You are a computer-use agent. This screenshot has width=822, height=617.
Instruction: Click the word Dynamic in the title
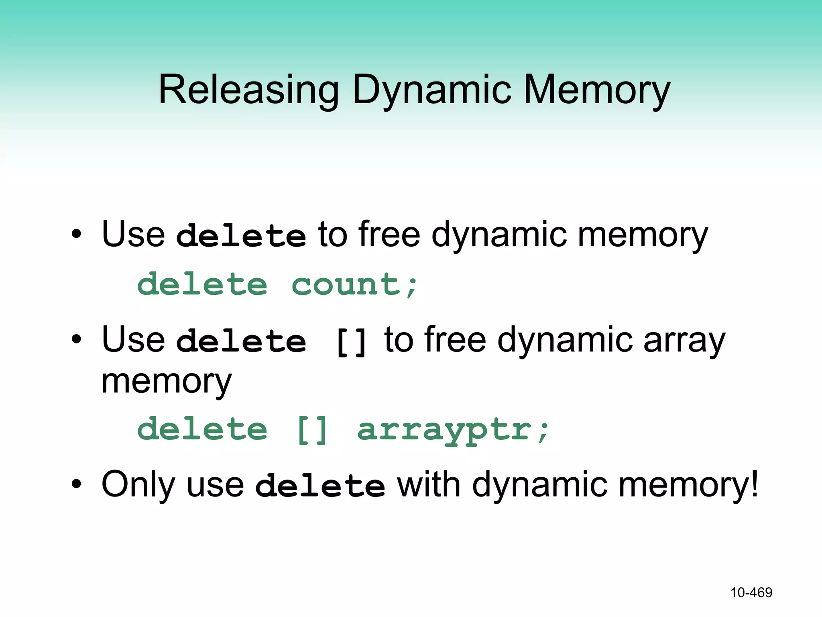tap(432, 90)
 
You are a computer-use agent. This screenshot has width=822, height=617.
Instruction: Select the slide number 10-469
tap(751, 592)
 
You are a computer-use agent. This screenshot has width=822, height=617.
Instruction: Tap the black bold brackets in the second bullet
tap(351, 342)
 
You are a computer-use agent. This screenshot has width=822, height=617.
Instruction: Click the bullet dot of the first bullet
tap(76, 234)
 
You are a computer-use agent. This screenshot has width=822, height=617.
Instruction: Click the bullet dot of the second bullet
tap(76, 340)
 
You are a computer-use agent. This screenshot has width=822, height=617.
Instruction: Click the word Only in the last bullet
tap(138, 484)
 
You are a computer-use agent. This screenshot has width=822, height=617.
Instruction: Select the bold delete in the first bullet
tap(241, 235)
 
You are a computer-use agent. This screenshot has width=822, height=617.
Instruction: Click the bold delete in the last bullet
tap(320, 486)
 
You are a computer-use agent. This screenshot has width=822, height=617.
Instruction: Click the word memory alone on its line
tap(167, 382)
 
